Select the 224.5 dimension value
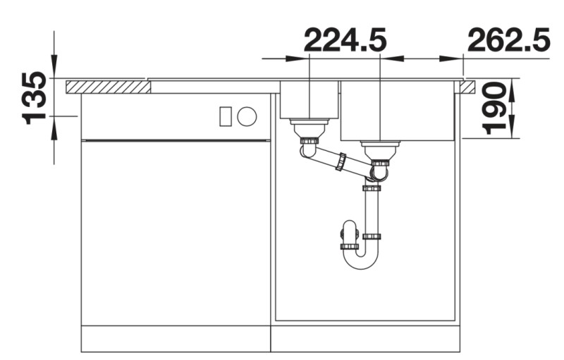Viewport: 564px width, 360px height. (345, 41)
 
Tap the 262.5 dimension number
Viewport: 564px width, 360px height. (508, 41)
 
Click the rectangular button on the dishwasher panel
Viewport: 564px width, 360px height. (226, 116)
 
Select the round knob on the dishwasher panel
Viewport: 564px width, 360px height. (246, 116)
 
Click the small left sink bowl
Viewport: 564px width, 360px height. (309, 100)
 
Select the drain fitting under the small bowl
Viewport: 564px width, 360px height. (309, 129)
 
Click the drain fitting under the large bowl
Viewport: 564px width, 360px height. (380, 150)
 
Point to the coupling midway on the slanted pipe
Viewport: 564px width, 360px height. (342, 162)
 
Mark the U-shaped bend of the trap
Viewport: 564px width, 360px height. (362, 261)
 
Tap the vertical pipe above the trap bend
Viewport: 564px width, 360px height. (372, 211)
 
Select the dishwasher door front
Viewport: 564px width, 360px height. (176, 232)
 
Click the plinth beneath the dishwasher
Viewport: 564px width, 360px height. (176, 339)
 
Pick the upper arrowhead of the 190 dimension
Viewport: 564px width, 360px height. (512, 85)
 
